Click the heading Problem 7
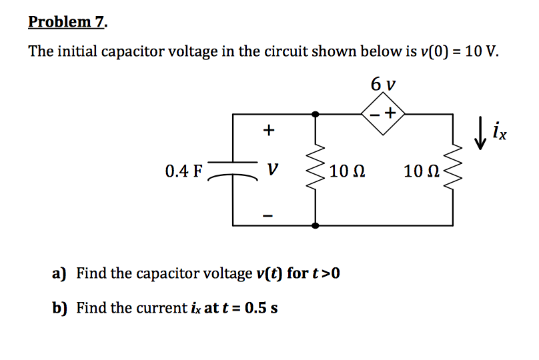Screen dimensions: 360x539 [67, 22]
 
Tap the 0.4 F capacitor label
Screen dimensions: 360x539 [183, 171]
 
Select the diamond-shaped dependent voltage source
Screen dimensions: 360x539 [383, 115]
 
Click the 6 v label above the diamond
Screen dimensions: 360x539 [383, 85]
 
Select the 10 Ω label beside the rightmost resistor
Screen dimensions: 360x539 [421, 171]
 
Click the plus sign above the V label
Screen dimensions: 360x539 [268, 131]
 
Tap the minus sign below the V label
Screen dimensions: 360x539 [268, 215]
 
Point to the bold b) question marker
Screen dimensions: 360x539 [60, 308]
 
